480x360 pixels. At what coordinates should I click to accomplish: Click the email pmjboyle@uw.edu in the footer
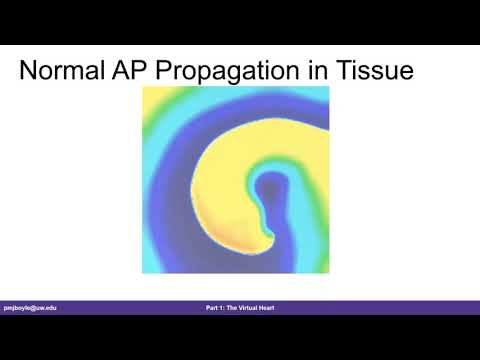pos(30,307)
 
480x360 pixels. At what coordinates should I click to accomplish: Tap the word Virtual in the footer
pos(246,307)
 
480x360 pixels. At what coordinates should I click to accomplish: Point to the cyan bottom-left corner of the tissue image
pos(150,265)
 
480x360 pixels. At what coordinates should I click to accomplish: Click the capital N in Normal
pos(31,71)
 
